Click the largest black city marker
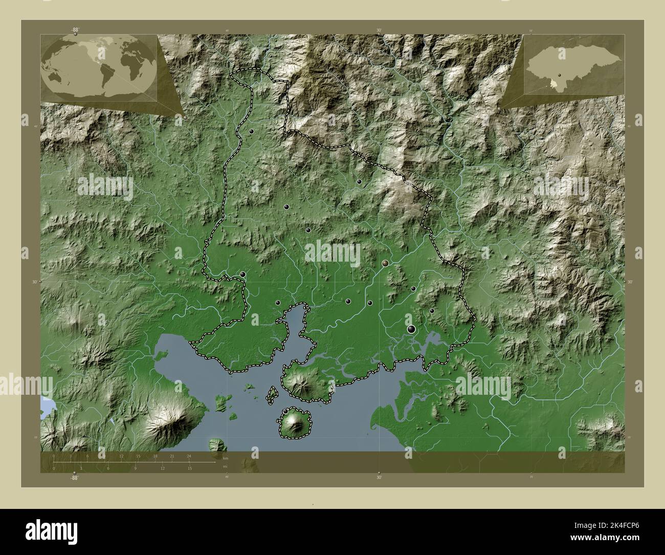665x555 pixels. tap(411, 329)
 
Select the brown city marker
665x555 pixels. tap(385, 263)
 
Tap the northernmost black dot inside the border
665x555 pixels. tap(252, 132)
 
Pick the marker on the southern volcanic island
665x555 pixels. tap(285, 411)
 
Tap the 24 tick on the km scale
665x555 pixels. tap(189, 456)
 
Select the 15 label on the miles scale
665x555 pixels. tap(189, 468)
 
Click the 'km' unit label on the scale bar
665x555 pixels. tap(226, 458)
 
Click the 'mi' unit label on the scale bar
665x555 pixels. tap(226, 466)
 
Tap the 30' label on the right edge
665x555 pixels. tap(630, 282)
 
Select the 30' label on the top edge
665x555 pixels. tap(379, 30)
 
